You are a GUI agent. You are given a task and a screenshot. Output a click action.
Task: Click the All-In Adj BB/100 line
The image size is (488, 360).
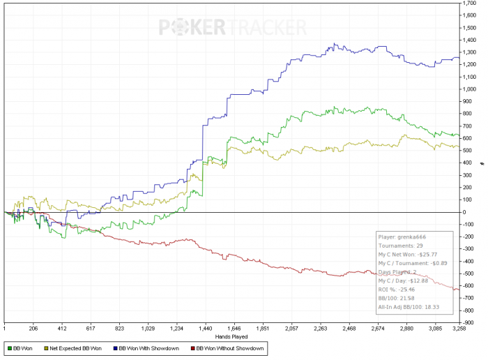(x=411, y=306)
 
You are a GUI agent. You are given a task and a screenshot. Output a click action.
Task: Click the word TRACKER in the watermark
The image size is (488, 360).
(x=268, y=28)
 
